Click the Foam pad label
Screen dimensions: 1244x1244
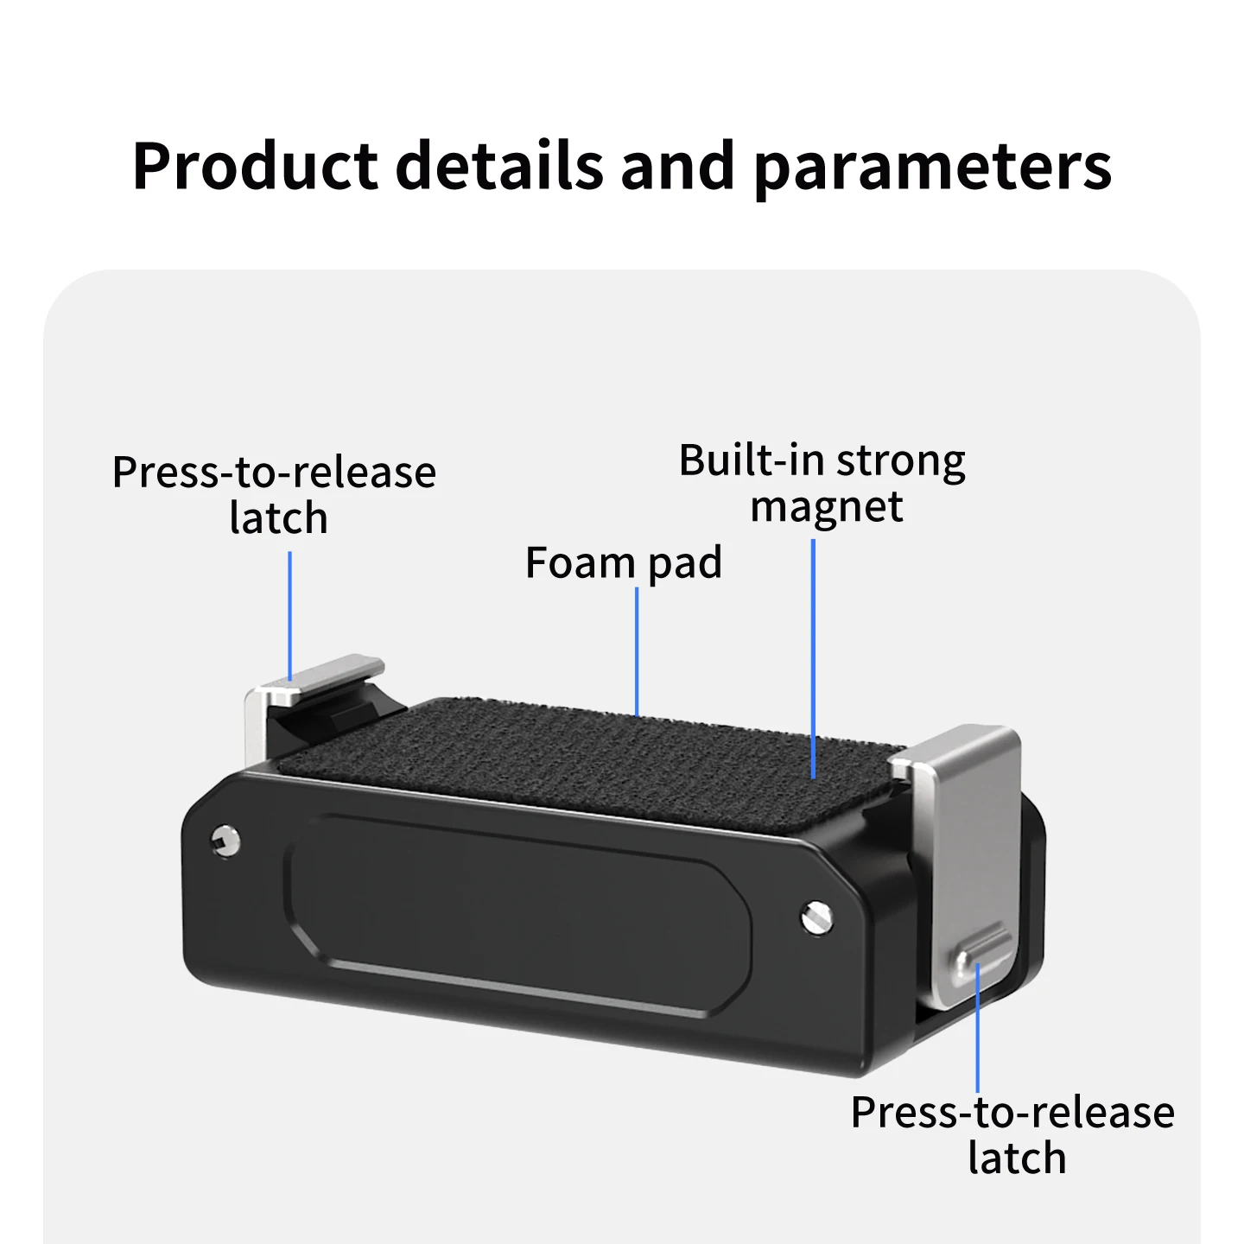[624, 563]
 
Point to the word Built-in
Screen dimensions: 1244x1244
[752, 460]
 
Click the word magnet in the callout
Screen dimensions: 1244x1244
[827, 507]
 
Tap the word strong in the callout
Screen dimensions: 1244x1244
[900, 463]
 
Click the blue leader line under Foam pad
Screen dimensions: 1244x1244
[637, 651]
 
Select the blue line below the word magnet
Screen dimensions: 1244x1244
[813, 658]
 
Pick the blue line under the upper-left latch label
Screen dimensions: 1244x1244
[290, 616]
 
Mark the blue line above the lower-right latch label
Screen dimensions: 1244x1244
[977, 1028]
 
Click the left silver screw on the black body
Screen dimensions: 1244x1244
[225, 841]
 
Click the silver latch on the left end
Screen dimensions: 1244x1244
[303, 697]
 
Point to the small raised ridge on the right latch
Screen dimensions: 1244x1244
[981, 951]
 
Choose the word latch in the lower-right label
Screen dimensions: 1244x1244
[1017, 1158]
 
